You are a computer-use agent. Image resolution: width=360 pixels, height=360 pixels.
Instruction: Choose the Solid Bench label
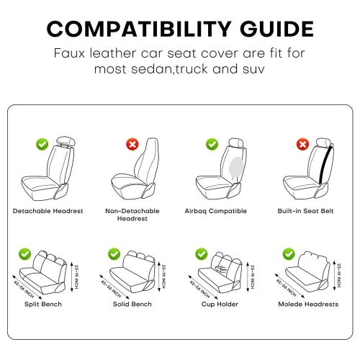click(x=132, y=304)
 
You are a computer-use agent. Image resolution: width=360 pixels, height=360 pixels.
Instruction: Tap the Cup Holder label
click(x=220, y=304)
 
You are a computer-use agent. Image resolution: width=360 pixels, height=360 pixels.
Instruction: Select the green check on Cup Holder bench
click(x=201, y=254)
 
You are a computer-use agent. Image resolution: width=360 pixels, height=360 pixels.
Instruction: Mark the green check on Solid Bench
click(x=113, y=254)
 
